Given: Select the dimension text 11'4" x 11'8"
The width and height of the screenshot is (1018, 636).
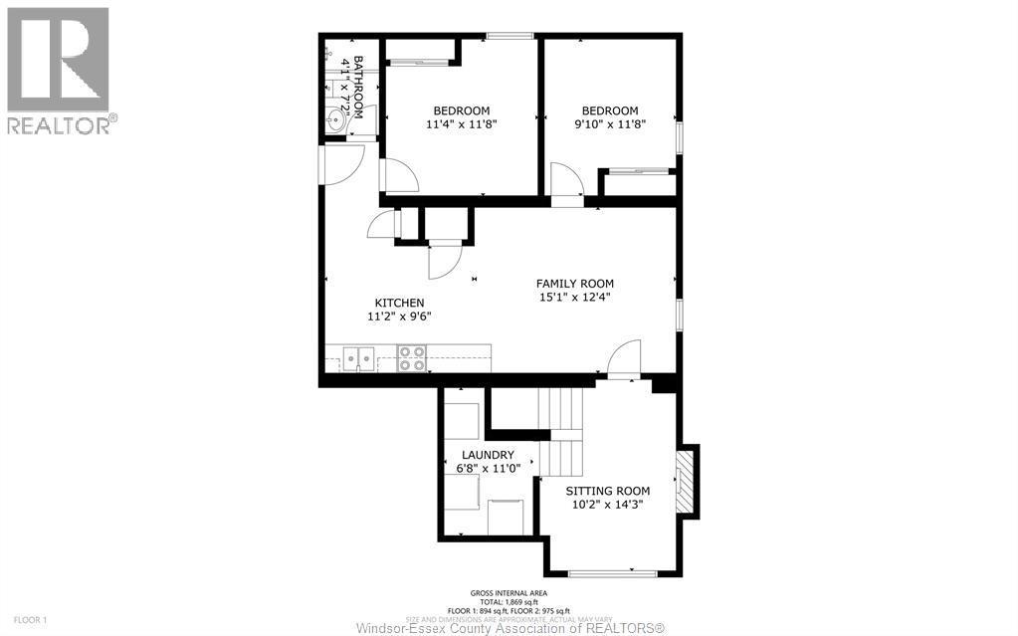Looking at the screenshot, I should [x=461, y=124].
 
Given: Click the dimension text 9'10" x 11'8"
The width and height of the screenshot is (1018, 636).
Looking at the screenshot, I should [x=609, y=124].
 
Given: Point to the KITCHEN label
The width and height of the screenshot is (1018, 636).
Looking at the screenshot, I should [x=399, y=303].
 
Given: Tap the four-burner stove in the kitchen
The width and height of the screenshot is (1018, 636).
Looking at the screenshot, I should [x=412, y=357].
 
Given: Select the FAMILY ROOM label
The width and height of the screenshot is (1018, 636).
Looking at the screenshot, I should [x=574, y=283].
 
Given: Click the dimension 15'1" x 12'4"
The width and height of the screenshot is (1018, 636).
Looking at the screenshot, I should [x=574, y=296].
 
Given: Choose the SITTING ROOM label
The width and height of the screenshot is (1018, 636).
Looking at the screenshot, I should [x=607, y=491].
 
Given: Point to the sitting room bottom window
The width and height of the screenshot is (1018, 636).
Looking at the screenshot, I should [x=611, y=573].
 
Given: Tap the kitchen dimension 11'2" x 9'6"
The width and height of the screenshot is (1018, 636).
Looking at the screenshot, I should [x=399, y=317].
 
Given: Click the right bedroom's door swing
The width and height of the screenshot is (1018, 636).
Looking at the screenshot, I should [x=565, y=184].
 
